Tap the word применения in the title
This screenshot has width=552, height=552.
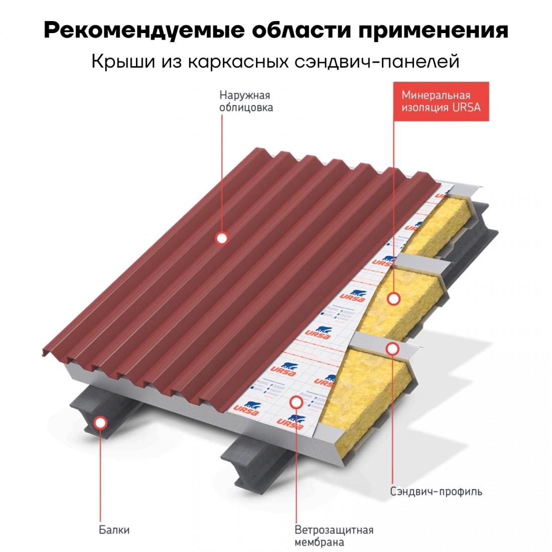coord(433,30)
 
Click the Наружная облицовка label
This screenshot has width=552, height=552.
coord(246,101)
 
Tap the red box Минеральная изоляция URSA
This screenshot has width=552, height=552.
coord(441,101)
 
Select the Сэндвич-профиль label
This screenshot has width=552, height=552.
coord(436,491)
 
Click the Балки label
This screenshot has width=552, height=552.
coord(114,530)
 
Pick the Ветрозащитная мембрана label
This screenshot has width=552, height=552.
coord(334,536)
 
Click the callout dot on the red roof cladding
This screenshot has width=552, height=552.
coord(222,238)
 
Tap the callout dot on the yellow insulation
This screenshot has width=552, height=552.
coord(393,299)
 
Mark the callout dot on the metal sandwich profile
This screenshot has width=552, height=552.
coord(392,348)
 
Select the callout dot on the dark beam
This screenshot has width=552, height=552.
coord(101,423)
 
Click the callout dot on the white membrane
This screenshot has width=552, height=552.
coord(296,401)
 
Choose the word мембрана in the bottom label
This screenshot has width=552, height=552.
coord(319,542)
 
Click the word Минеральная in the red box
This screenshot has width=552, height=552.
coord(436,95)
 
